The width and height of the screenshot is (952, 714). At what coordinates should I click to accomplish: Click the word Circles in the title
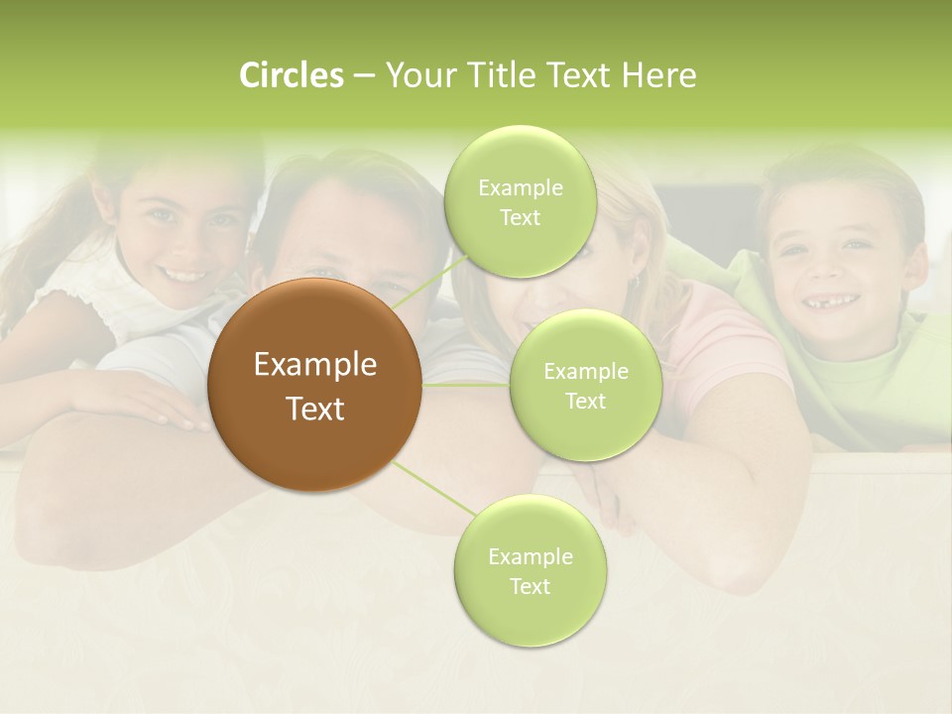point(292,75)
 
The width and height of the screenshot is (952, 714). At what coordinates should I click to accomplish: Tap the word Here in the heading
point(658,75)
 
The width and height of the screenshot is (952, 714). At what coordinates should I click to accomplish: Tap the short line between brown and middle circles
point(466,384)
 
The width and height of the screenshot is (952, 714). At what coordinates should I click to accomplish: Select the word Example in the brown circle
point(315,365)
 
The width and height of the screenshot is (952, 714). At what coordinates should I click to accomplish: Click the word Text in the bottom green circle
point(530,586)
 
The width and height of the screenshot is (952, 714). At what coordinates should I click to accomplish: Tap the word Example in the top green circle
point(520,187)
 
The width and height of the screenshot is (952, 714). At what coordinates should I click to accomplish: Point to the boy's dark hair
point(843,178)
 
